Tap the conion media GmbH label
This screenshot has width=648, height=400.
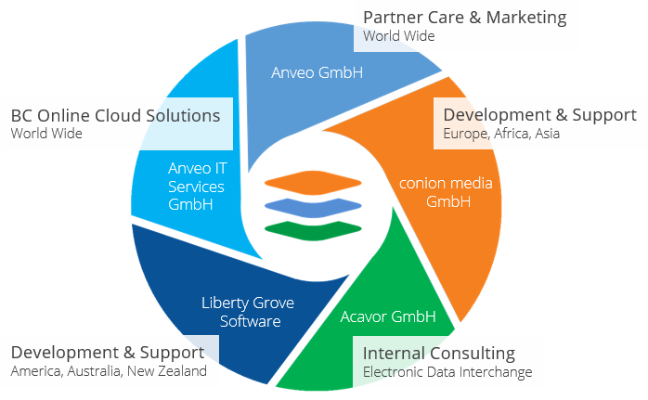(446, 191)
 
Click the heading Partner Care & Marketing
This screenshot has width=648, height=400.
(464, 17)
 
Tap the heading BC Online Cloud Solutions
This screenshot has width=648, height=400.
(115, 115)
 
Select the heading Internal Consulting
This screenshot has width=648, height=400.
(438, 353)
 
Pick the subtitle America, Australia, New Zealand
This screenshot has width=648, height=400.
(109, 371)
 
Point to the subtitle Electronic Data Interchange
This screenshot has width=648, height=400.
(447, 372)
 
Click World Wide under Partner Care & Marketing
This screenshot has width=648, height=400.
(398, 36)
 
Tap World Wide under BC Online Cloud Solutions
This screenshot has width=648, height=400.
(46, 134)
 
